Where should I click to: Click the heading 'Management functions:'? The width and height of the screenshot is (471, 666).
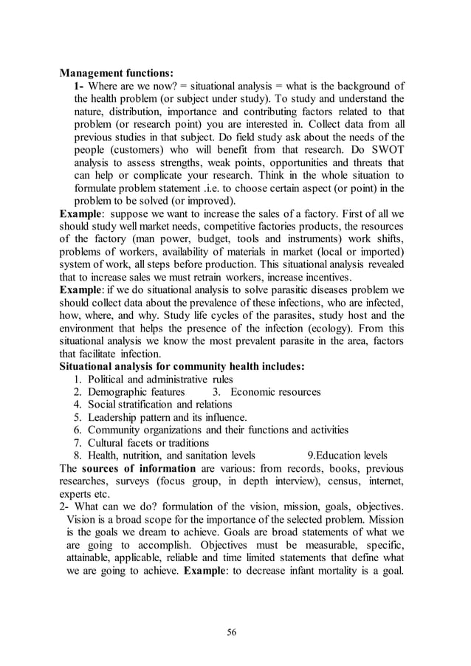tap(117, 73)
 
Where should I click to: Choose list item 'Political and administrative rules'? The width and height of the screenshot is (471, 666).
tap(160, 380)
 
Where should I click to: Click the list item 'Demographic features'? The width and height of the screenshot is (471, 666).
tap(136, 392)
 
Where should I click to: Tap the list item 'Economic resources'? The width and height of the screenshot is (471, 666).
tap(275, 392)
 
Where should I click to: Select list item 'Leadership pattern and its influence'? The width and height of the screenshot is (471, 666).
tap(167, 417)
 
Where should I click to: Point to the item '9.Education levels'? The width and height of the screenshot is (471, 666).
tap(347, 456)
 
